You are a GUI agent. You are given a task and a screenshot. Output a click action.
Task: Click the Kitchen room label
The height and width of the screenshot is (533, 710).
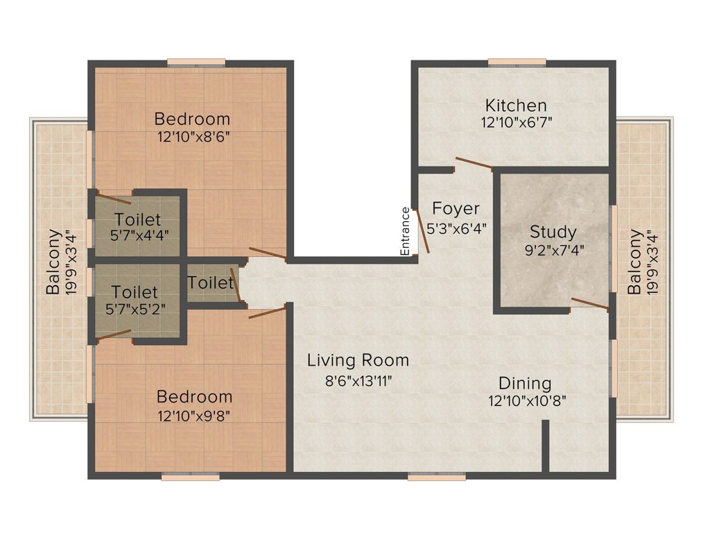[x=516, y=105]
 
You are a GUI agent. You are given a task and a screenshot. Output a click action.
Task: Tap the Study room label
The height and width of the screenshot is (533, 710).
[x=553, y=232]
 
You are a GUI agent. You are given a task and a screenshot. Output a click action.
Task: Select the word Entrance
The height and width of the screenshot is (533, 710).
[x=405, y=231]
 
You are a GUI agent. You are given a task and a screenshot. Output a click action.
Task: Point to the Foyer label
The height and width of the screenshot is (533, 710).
[x=456, y=208]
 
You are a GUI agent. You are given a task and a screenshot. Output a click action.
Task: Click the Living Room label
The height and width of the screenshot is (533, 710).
[x=358, y=360]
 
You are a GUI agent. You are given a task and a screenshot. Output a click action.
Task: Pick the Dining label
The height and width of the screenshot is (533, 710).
[x=525, y=384]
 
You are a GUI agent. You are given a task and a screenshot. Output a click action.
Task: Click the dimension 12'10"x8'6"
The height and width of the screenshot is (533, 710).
[x=194, y=137]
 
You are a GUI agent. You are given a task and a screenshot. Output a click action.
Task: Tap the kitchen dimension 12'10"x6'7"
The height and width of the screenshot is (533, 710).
[x=517, y=122]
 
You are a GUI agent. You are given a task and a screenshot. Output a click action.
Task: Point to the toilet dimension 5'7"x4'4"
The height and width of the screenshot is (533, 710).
[x=140, y=236]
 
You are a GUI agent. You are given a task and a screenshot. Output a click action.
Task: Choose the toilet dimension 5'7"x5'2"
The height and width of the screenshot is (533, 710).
[x=135, y=309]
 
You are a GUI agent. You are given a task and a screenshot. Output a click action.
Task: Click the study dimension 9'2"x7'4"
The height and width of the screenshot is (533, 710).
[x=554, y=250]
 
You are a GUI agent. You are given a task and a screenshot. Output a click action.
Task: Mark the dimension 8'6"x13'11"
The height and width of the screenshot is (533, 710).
[x=358, y=381]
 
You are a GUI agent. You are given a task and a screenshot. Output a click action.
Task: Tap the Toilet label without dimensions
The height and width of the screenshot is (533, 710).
[x=210, y=283]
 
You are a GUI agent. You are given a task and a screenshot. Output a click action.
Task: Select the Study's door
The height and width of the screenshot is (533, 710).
[x=590, y=304]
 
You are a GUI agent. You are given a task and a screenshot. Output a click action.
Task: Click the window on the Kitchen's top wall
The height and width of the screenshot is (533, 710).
[x=517, y=62]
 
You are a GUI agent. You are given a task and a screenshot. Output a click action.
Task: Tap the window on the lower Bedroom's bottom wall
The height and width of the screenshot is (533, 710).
[x=191, y=476]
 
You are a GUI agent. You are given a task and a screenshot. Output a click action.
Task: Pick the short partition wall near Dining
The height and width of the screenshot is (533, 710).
[x=546, y=446]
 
